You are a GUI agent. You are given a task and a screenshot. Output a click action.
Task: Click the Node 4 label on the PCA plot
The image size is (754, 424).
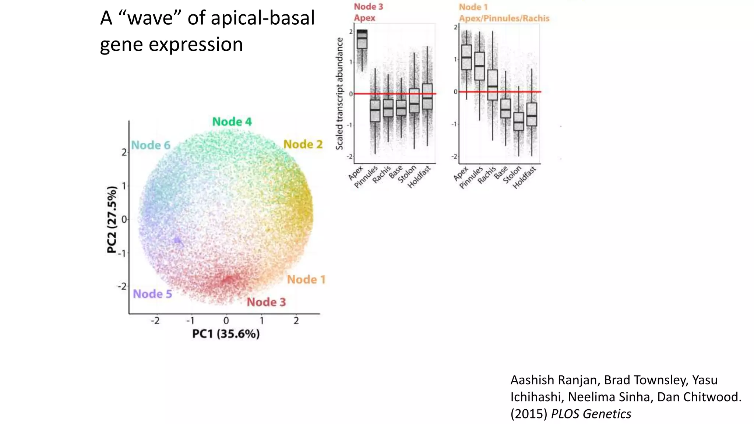[x=232, y=122]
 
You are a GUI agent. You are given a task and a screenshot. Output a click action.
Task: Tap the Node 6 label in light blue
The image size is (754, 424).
[x=151, y=145]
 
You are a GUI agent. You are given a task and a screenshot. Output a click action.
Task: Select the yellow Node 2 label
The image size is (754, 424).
[x=303, y=144]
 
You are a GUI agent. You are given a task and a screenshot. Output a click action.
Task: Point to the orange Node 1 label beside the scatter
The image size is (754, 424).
[x=306, y=280]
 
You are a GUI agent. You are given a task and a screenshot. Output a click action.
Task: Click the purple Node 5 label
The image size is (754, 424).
[x=152, y=294]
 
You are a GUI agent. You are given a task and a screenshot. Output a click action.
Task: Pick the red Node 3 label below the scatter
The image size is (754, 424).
[x=266, y=302]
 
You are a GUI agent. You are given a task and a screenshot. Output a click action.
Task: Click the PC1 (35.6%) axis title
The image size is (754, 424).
[x=226, y=334]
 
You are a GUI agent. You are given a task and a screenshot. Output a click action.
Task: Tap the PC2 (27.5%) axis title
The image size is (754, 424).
[x=112, y=220]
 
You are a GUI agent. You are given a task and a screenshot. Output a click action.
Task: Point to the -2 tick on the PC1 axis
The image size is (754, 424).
[x=155, y=321]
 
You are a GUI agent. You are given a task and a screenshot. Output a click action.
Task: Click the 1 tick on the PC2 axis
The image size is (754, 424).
[x=124, y=186]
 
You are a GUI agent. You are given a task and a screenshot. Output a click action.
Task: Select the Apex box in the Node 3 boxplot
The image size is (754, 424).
[x=362, y=39]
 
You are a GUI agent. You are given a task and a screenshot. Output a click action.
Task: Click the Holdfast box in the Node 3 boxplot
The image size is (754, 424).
[x=427, y=96]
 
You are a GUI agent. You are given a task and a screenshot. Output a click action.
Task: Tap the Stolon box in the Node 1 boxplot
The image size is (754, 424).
[x=518, y=121]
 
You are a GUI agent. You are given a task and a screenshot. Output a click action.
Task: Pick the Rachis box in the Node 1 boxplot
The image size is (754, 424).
[x=492, y=85]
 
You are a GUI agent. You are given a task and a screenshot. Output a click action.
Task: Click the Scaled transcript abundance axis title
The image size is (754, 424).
[x=339, y=93]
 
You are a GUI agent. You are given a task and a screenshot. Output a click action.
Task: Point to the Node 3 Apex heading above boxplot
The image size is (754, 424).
[x=368, y=12]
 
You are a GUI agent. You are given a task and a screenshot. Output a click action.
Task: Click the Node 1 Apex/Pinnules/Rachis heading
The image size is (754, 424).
[x=504, y=13]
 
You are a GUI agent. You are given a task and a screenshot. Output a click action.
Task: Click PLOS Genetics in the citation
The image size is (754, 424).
[x=591, y=414]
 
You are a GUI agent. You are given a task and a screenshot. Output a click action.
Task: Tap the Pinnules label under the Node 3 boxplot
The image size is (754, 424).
[x=366, y=177]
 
